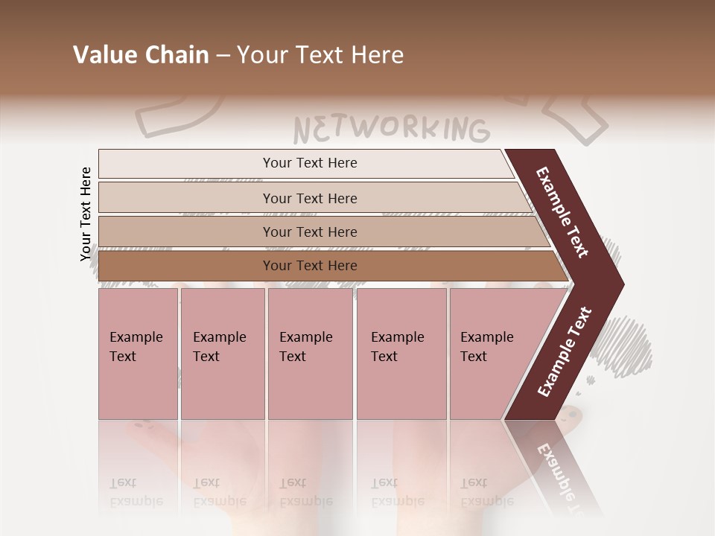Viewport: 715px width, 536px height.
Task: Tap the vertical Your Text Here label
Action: (x=86, y=214)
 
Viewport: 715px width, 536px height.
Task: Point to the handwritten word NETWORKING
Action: (x=391, y=129)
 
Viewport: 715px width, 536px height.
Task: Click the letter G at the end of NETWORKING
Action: (x=477, y=131)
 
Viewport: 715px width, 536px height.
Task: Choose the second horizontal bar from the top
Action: (x=309, y=198)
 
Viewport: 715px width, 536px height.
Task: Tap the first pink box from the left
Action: (x=138, y=354)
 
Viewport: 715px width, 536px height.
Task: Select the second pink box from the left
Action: (x=223, y=354)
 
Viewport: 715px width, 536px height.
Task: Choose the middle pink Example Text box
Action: (x=310, y=354)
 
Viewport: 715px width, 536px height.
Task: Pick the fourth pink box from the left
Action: (x=401, y=354)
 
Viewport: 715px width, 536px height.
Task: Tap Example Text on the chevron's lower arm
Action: (x=565, y=351)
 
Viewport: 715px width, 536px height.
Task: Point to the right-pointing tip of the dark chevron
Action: (x=619, y=284)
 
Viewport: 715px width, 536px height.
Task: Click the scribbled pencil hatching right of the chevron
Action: (x=629, y=342)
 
